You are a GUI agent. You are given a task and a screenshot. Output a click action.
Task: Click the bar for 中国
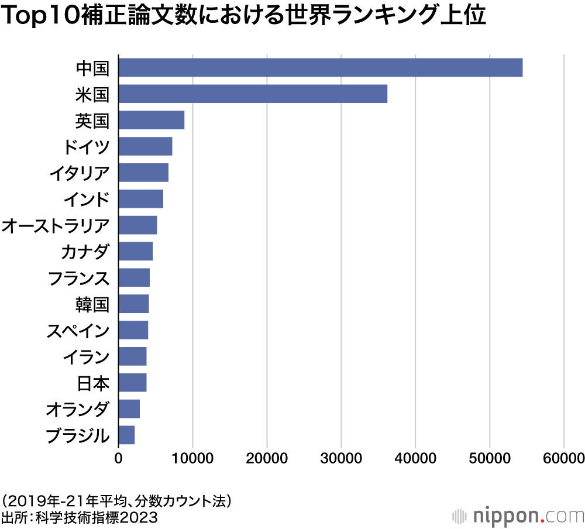click(x=321, y=68)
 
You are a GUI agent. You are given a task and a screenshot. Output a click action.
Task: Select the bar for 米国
click(x=253, y=94)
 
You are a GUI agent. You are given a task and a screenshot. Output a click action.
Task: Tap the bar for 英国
click(x=152, y=120)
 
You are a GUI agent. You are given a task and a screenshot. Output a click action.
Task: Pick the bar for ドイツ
click(x=145, y=146)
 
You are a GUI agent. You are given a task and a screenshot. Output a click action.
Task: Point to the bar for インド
click(x=141, y=199)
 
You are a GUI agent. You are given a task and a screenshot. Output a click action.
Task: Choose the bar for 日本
click(x=132, y=383)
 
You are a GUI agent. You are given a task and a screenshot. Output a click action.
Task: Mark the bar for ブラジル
click(x=126, y=435)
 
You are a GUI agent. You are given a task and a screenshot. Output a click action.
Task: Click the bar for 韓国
click(x=133, y=304)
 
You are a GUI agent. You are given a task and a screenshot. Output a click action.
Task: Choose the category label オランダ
click(x=78, y=410)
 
